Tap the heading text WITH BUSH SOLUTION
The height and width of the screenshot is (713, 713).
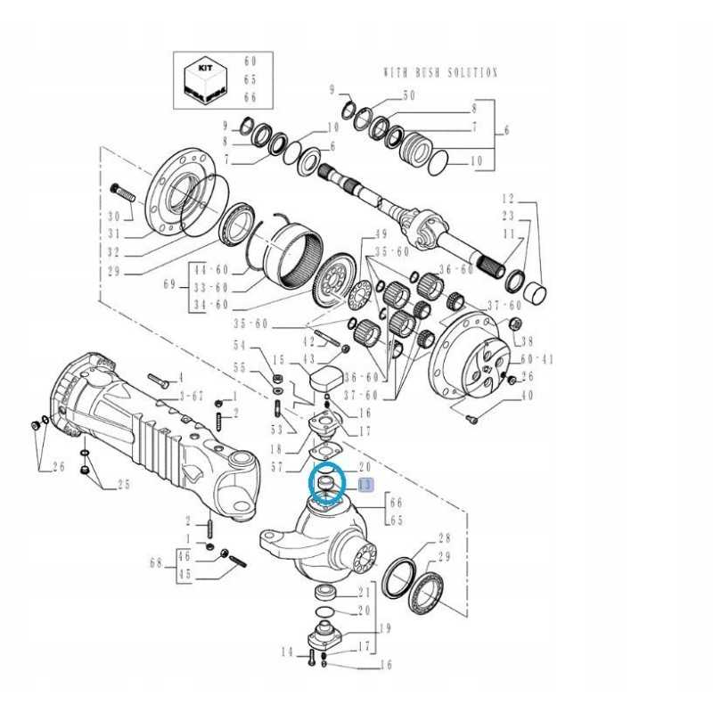click(440, 73)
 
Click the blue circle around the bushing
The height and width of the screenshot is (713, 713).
click(326, 485)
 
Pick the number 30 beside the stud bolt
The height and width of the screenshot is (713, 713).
click(113, 217)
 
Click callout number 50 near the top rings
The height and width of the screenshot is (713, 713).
click(409, 95)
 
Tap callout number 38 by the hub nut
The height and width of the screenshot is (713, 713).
click(528, 341)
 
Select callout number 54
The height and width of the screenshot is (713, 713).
click(239, 346)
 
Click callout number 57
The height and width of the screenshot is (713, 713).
click(277, 466)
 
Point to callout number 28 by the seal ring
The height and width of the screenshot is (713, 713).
click(445, 539)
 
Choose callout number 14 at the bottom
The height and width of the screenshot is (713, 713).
click(286, 652)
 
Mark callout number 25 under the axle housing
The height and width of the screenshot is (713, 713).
click(123, 485)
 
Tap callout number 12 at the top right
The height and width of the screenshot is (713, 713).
click(508, 197)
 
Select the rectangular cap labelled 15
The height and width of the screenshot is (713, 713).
click(325, 375)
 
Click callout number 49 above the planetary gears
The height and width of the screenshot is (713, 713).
click(381, 234)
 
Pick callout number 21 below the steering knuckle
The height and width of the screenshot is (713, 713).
click(365, 593)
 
